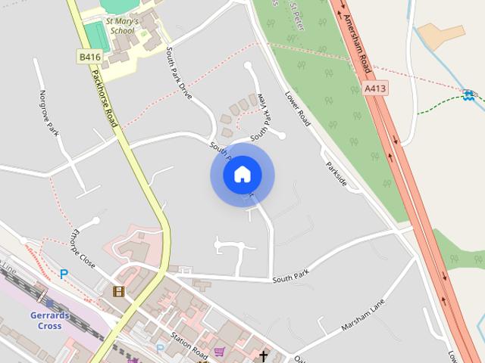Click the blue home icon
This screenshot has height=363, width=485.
coord(242,175)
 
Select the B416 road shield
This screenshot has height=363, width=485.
coord(89,57)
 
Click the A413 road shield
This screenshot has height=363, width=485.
coord(374,88)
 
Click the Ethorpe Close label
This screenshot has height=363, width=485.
coord(83,250)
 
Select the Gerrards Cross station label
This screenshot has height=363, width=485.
coord(50,320)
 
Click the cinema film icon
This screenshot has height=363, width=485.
coord(118,290)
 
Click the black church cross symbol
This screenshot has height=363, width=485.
coord(264,355)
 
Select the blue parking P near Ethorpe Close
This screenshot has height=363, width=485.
coord(64,274)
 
